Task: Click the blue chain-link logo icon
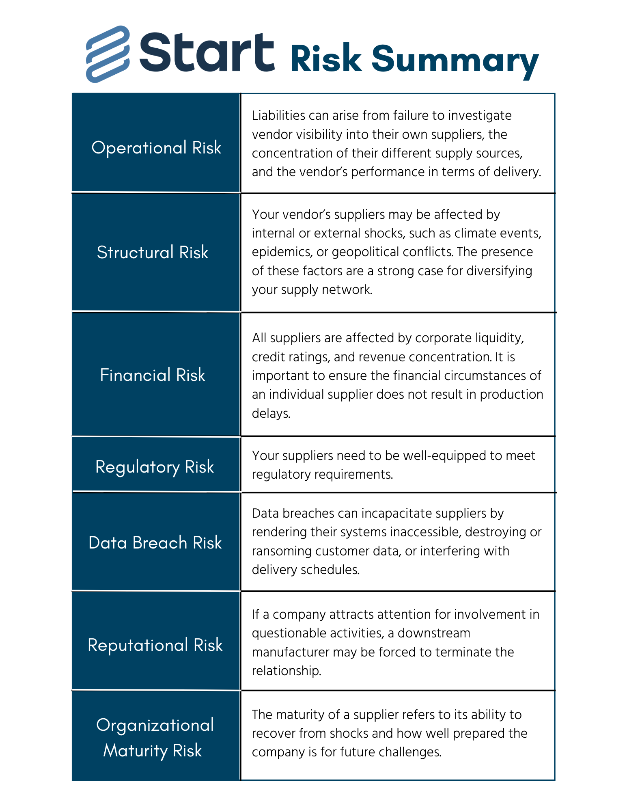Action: click(x=108, y=54)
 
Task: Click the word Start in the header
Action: click(x=207, y=53)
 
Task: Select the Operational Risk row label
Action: click(x=156, y=148)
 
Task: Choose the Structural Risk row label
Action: click(x=153, y=253)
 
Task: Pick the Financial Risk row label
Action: click(x=153, y=375)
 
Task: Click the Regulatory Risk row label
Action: click(x=155, y=467)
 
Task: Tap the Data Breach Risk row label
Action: click(x=155, y=543)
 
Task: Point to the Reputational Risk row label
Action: click(x=155, y=645)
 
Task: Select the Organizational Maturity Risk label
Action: click(x=155, y=738)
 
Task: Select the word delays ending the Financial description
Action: click(x=271, y=413)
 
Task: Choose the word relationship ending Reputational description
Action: click(x=286, y=671)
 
